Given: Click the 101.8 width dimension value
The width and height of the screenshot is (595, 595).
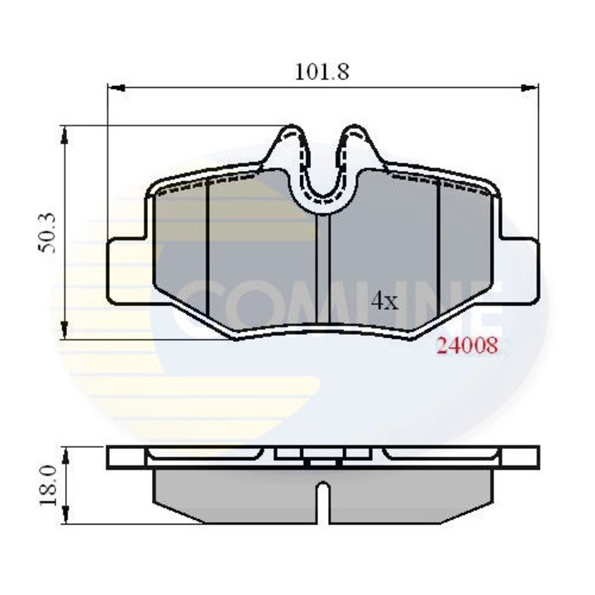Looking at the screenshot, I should point(322,71).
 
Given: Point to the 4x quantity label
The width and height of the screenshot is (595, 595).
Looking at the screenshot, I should point(384,301).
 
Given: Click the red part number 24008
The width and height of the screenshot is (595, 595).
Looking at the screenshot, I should point(467,347).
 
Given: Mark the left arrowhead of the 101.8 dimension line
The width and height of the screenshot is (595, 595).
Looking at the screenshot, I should point(114,86).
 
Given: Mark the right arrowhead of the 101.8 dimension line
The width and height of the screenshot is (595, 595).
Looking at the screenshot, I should point(532,86).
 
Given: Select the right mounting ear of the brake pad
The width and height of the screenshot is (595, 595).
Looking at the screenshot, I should point(521,269).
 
